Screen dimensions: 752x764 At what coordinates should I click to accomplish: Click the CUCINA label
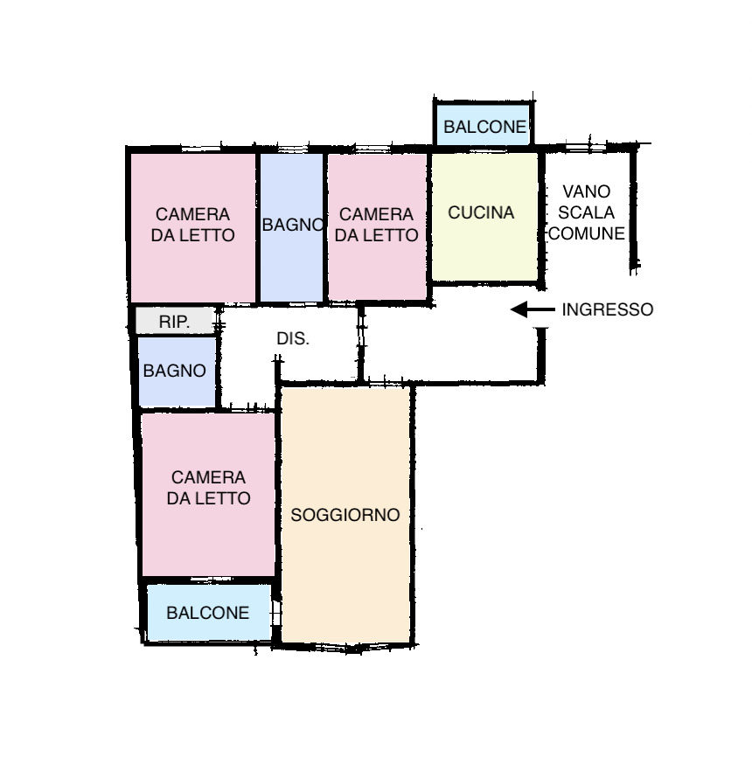[481, 212]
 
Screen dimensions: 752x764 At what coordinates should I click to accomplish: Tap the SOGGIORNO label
[345, 515]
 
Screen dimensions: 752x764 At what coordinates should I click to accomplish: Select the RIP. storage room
[175, 321]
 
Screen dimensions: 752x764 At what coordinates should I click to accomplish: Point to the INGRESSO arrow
[533, 309]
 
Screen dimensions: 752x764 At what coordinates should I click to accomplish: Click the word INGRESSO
[607, 309]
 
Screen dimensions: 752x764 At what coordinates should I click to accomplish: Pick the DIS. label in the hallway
[292, 338]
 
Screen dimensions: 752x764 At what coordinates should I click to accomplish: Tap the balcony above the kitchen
[483, 125]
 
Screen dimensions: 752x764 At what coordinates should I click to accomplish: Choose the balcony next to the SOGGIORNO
[209, 613]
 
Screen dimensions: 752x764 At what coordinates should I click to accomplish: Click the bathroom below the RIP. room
[177, 372]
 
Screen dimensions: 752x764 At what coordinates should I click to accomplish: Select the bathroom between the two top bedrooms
[291, 227]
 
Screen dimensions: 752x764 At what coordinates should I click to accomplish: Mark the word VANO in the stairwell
[586, 191]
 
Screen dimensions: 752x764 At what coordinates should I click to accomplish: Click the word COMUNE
[586, 233]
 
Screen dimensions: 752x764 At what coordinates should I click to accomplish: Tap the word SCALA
[586, 212]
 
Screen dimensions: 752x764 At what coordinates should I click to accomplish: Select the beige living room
[345, 515]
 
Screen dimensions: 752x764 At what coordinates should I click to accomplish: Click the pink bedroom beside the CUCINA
[377, 227]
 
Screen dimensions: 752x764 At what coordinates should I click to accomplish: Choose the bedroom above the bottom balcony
[208, 495]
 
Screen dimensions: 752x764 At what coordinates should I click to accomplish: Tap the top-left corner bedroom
[193, 227]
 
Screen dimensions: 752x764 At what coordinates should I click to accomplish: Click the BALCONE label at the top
[485, 127]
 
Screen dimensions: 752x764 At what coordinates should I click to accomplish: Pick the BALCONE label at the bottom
[208, 613]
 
